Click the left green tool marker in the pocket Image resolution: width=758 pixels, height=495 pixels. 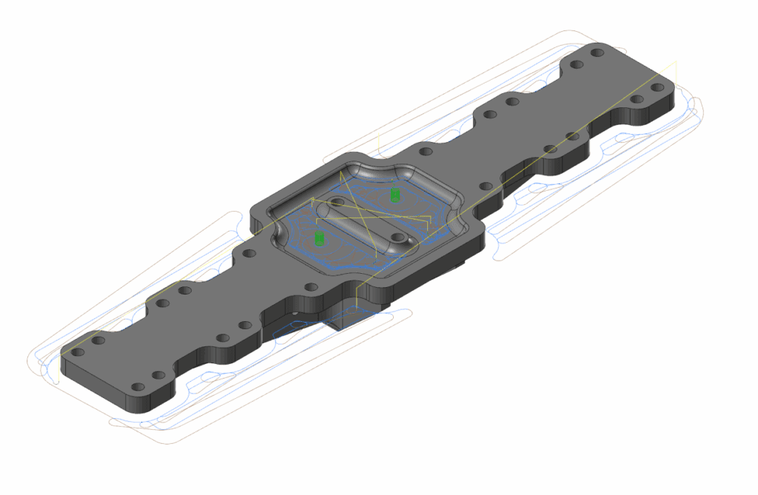click(x=320, y=238)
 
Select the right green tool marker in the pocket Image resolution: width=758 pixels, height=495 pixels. click(x=395, y=195)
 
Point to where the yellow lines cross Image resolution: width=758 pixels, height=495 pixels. click(x=363, y=215)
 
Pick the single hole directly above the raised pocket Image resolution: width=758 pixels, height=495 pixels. click(x=425, y=151)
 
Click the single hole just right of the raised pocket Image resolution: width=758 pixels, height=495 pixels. click(x=486, y=186)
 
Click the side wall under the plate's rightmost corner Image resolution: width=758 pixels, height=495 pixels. click(x=671, y=104)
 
